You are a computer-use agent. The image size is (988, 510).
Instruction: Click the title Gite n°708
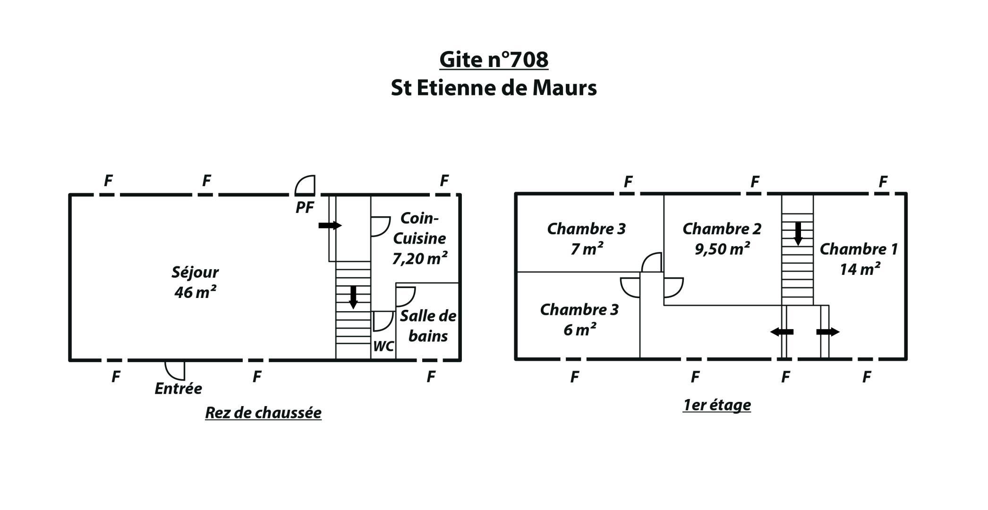click(494, 59)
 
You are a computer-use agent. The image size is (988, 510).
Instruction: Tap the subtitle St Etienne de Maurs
click(494, 88)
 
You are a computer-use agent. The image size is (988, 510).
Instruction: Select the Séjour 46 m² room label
click(195, 282)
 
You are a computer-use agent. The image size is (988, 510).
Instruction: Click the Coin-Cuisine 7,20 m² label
click(420, 238)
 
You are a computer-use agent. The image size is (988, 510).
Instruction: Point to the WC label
click(383, 346)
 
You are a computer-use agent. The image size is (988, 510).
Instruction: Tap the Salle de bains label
click(428, 326)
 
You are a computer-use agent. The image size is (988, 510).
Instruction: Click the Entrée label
click(178, 389)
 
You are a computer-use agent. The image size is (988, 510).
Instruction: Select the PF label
click(305, 207)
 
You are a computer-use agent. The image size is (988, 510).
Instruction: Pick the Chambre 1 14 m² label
click(859, 259)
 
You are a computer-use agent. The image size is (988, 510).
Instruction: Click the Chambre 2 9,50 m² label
click(722, 238)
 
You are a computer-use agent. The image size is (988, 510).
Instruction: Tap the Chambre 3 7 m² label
click(587, 238)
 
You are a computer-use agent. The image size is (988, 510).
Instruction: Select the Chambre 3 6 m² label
click(579, 319)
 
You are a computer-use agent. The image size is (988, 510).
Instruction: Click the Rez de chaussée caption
click(263, 413)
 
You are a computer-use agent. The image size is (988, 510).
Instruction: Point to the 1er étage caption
click(717, 405)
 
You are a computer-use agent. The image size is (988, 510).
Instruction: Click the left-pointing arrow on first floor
click(782, 332)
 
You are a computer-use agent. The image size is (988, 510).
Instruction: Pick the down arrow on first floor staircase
click(798, 234)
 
